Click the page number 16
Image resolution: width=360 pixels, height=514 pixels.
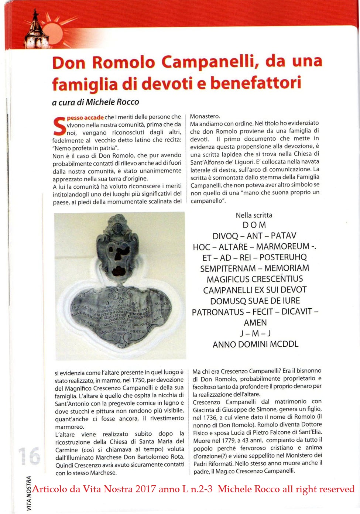(29, 456)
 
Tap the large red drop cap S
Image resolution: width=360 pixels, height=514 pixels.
(59, 126)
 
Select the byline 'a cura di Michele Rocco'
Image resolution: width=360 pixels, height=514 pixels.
(96, 102)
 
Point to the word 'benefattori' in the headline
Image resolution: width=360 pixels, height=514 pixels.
(256, 83)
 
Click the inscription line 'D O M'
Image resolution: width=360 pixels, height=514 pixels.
(254, 225)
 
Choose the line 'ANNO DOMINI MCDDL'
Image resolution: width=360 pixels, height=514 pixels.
(256, 345)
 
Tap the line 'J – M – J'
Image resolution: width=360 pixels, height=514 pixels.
(256, 333)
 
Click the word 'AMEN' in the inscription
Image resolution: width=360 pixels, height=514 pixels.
(255, 323)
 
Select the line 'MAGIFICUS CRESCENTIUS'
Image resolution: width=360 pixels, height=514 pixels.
(255, 279)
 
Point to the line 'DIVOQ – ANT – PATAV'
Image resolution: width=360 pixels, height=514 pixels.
(254, 236)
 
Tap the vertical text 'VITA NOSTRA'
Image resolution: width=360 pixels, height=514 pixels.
(29, 494)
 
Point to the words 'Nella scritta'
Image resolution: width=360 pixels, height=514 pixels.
(254, 215)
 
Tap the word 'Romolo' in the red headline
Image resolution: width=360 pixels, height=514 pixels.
(124, 62)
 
